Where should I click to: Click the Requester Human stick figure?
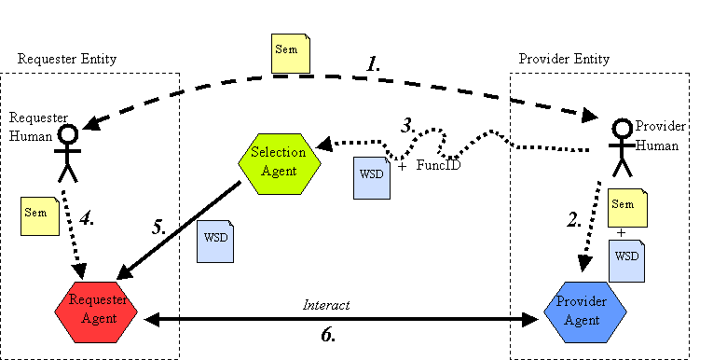66,153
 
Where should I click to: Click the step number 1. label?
374,65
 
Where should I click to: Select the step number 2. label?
575,221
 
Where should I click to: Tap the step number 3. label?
406,124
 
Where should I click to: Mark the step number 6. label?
328,335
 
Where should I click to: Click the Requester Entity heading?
67,59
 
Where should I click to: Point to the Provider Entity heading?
564,59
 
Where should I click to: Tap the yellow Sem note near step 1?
290,54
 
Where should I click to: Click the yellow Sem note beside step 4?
38,215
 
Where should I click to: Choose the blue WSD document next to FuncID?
372,177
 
